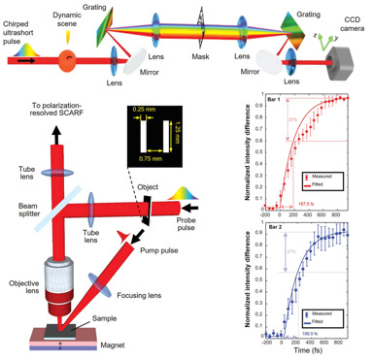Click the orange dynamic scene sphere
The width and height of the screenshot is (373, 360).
67,58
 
